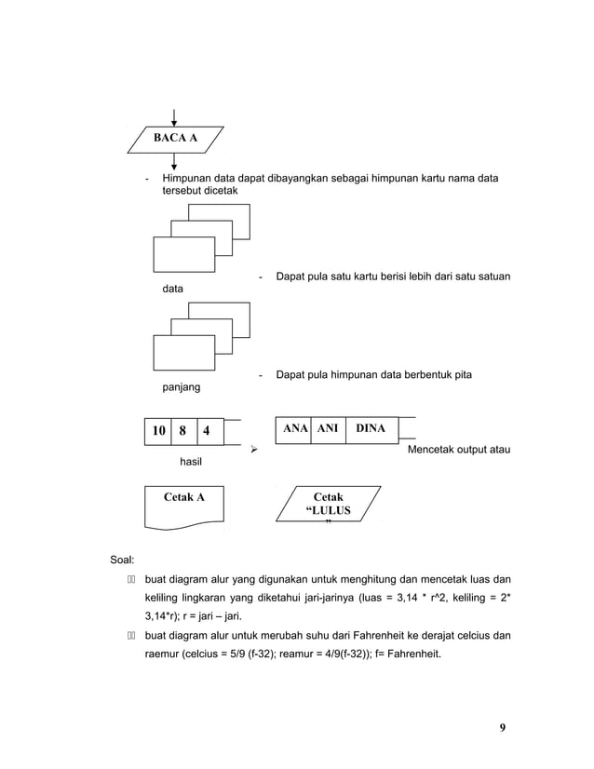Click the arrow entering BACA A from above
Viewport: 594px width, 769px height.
point(175,116)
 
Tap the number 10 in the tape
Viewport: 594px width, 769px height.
point(157,431)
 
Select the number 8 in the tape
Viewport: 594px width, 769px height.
point(182,431)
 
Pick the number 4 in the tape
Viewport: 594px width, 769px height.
point(206,431)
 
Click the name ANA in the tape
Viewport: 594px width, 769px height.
point(295,428)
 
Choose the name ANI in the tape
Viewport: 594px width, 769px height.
point(328,428)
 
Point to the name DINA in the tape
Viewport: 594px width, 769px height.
point(371,428)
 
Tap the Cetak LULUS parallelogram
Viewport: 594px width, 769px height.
point(328,506)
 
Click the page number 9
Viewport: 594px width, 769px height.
point(502,727)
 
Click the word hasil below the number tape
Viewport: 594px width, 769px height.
point(192,461)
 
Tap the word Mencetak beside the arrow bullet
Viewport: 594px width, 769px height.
point(436,451)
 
